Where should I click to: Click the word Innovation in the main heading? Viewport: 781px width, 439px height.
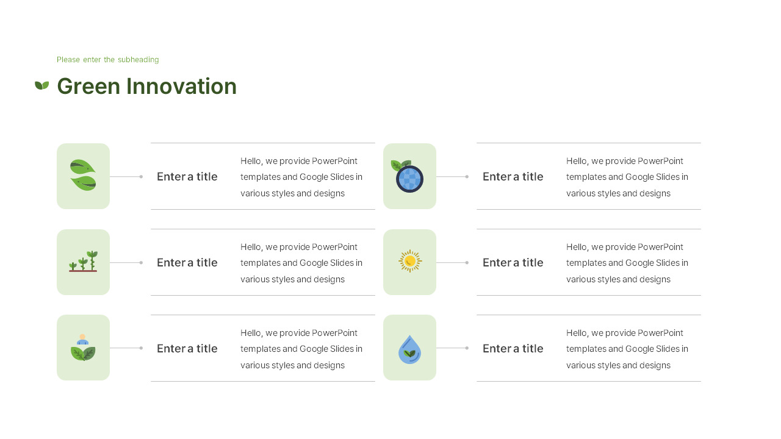click(x=181, y=87)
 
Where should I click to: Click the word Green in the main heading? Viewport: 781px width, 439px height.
click(x=88, y=87)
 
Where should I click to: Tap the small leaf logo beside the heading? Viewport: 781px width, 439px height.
click(x=41, y=85)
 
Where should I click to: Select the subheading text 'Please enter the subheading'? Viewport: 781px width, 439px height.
click(x=107, y=60)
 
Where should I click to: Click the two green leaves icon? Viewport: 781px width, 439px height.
click(x=83, y=176)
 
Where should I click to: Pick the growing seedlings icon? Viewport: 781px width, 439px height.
click(x=83, y=262)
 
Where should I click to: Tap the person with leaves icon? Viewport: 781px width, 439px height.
click(x=83, y=348)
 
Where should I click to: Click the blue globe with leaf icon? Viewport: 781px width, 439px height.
click(x=408, y=176)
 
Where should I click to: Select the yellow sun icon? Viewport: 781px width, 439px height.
click(x=410, y=261)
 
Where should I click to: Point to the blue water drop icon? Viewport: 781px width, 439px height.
click(x=409, y=349)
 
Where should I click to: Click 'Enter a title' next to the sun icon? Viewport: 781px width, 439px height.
click(x=513, y=263)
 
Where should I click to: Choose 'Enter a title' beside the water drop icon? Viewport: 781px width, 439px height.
click(x=513, y=349)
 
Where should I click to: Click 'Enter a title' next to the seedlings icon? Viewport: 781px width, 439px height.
click(x=187, y=263)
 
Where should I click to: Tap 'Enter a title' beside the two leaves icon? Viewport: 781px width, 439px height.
click(x=187, y=177)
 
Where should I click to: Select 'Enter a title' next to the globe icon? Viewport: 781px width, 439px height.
click(x=513, y=177)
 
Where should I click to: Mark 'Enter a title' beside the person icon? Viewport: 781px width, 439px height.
click(x=187, y=349)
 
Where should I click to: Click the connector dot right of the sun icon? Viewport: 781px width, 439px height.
click(x=467, y=263)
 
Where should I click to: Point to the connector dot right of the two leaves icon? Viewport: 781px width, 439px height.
click(x=141, y=177)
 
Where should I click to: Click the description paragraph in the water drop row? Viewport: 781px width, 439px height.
click(x=627, y=349)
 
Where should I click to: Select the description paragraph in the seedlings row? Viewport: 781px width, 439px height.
click(x=301, y=263)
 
